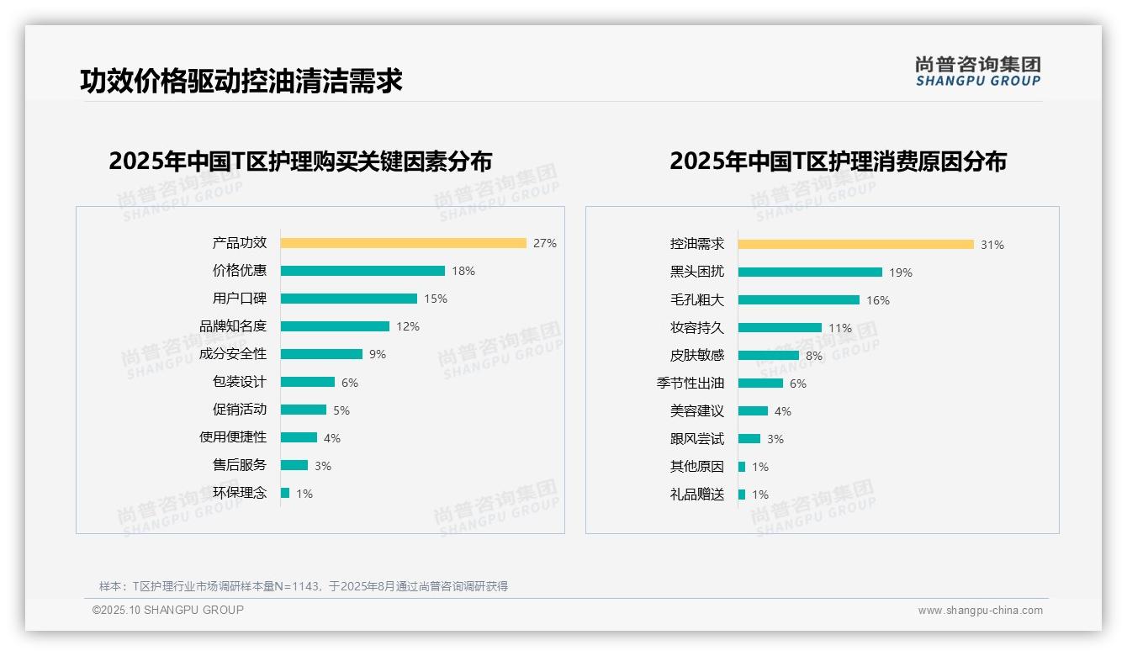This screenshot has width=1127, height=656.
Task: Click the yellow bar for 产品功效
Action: coord(404,243)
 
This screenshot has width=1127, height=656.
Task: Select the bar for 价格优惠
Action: coord(362,271)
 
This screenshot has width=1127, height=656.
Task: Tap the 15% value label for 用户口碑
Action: coord(436,299)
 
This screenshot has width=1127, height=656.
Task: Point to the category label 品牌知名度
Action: coord(233,326)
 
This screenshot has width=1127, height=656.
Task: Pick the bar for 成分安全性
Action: coord(321,354)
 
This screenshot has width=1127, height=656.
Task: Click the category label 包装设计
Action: coord(240,382)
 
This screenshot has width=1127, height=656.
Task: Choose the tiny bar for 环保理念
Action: coord(285,493)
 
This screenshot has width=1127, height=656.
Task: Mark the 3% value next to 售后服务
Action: coord(323,466)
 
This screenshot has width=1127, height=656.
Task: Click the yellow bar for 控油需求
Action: coord(856,245)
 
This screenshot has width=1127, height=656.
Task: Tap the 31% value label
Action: coord(992,245)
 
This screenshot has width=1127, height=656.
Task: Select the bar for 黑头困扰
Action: coord(810,272)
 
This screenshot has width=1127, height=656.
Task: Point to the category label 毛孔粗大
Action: coord(697,300)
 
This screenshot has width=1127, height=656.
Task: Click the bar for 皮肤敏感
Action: coord(769,356)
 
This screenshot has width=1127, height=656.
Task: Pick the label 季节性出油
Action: coord(690,384)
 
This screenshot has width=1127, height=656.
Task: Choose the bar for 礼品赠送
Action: coord(742,495)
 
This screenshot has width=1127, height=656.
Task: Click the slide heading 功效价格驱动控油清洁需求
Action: coord(241,81)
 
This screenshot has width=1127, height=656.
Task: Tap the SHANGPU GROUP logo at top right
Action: coord(978,71)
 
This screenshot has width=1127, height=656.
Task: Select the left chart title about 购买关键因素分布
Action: coord(300,161)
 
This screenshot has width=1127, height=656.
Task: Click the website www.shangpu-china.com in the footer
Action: coord(980,611)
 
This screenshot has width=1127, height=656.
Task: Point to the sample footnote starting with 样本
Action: coord(304,586)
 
